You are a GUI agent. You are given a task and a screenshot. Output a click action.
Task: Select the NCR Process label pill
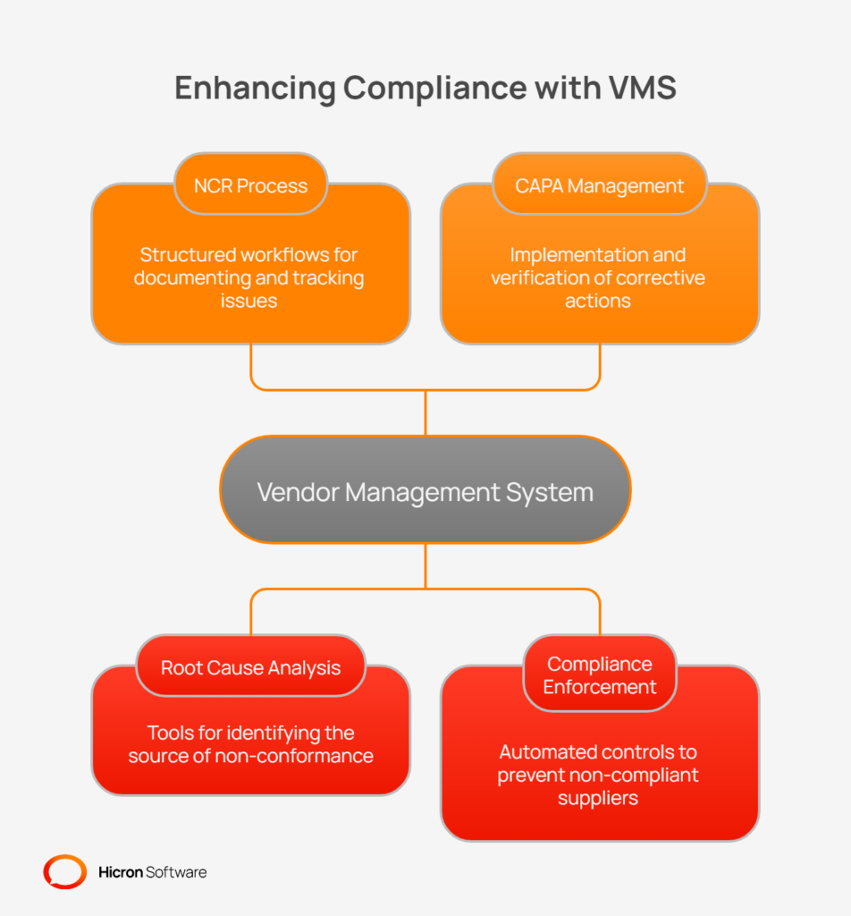[250, 186]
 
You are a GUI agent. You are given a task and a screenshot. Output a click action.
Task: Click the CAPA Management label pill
[600, 186]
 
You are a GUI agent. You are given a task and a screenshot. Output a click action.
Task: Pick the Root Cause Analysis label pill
[250, 667]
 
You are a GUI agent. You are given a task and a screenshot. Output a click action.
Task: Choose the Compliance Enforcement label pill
[600, 675]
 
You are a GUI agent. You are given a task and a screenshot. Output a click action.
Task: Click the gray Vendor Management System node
[425, 490]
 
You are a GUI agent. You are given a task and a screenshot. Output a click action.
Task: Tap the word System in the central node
[551, 492]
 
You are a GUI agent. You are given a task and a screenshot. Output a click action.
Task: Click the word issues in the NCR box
[249, 301]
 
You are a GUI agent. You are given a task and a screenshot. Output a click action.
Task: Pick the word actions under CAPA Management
[598, 301]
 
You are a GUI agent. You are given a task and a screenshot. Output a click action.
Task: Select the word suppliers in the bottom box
[598, 797]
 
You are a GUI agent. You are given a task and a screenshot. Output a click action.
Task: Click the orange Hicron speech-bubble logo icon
[65, 871]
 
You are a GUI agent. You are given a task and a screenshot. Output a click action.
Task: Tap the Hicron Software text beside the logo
[152, 871]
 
